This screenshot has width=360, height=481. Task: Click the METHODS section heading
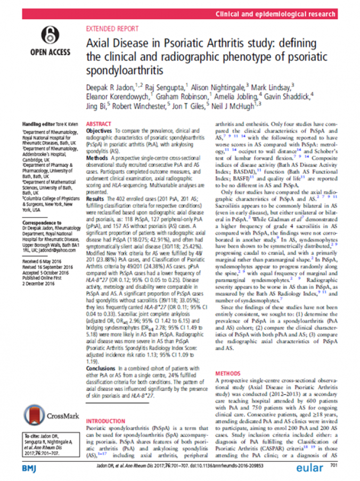point(227,373)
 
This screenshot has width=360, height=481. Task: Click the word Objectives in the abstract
point(99,131)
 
